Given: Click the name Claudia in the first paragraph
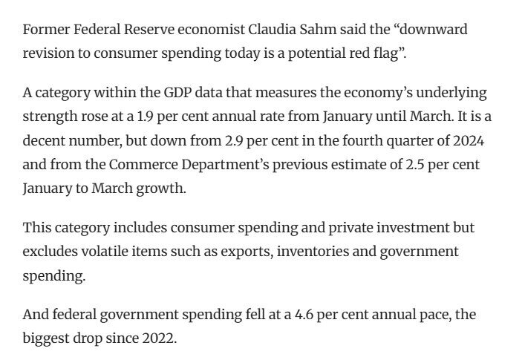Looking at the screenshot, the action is pos(272,30).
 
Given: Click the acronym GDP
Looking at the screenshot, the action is pos(177,92).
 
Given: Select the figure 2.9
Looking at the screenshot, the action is pos(234,140).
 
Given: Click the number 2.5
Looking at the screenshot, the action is pos(415,165).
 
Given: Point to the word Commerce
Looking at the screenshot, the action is pos(143,165).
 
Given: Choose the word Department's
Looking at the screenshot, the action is pos(225,166).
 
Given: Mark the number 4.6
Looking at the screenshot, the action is pos(304,315).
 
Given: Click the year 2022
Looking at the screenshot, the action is pos(159,338).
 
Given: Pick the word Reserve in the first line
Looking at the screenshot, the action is pos(149,30).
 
